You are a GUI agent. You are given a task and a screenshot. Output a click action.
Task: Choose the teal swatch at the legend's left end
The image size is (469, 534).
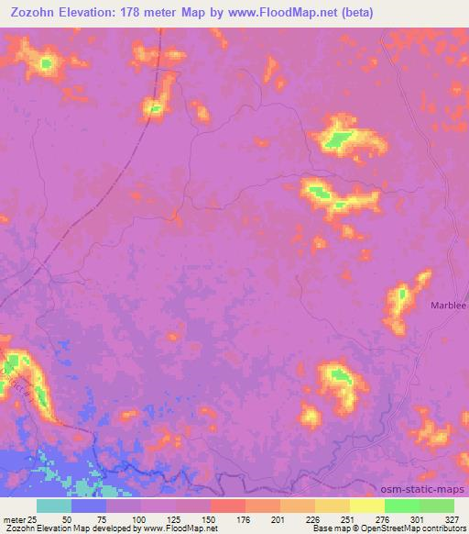point(53,506)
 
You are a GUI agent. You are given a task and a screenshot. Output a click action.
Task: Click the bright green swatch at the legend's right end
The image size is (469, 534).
point(437,506)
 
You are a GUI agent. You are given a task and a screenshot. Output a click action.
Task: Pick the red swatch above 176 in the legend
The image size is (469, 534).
point(227,506)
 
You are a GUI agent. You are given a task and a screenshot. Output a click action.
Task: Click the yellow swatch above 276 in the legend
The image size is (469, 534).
point(366,506)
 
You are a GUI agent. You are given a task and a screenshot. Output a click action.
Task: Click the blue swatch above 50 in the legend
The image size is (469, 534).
point(88,506)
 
